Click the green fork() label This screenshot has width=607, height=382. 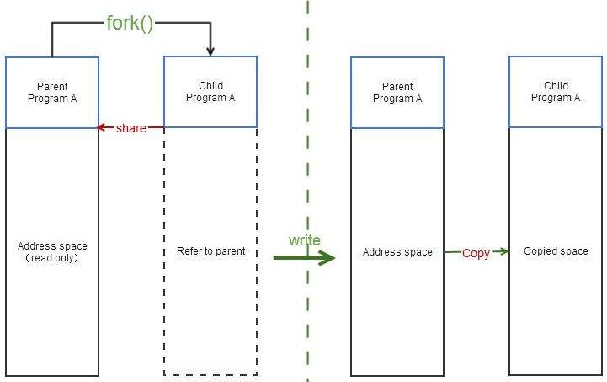point(130,23)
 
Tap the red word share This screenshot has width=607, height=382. point(130,128)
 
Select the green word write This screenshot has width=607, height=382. point(304,240)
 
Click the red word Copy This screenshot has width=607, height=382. point(476,253)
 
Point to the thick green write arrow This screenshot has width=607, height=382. point(303,257)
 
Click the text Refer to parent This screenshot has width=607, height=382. point(210,251)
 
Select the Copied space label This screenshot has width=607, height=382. point(556,251)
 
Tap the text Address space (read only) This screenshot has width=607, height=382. point(52,252)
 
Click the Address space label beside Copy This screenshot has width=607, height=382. point(397,252)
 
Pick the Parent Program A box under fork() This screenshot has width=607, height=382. point(52,93)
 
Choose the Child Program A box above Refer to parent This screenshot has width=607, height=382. point(210,93)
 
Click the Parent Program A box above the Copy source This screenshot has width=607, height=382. point(397,93)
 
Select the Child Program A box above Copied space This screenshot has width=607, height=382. point(556,93)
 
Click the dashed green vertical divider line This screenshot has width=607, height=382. point(308,169)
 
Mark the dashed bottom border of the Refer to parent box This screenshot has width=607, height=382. point(210,375)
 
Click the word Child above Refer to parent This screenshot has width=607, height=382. point(210,86)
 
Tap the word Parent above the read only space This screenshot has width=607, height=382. point(52,86)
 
